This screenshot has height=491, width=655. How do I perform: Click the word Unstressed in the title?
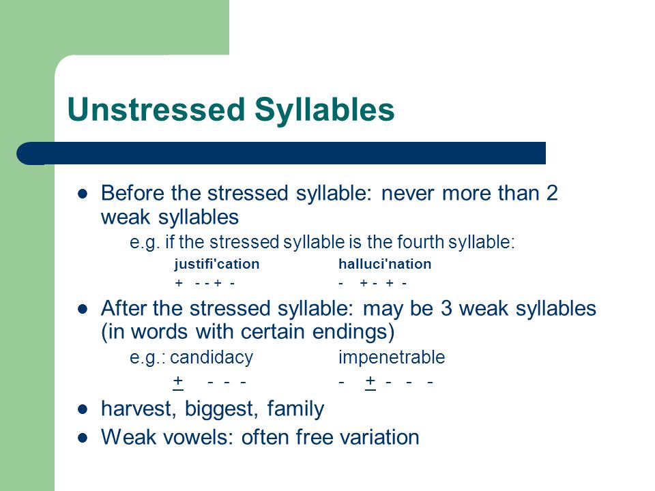(156, 109)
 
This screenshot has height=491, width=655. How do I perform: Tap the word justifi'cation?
(217, 265)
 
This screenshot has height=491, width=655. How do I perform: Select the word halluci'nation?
(385, 264)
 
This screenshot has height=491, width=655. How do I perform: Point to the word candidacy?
(212, 358)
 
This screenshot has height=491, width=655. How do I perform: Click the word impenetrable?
(392, 358)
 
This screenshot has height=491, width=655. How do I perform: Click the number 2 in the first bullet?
(552, 193)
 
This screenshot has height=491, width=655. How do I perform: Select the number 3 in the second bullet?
(446, 308)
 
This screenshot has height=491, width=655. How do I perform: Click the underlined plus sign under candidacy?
(178, 382)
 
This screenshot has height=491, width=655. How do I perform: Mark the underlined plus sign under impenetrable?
(370, 382)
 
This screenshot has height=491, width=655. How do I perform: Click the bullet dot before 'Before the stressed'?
(83, 194)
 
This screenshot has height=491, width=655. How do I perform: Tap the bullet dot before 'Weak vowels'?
(83, 438)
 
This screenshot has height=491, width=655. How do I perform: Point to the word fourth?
(421, 242)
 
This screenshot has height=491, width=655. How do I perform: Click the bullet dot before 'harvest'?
(83, 409)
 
